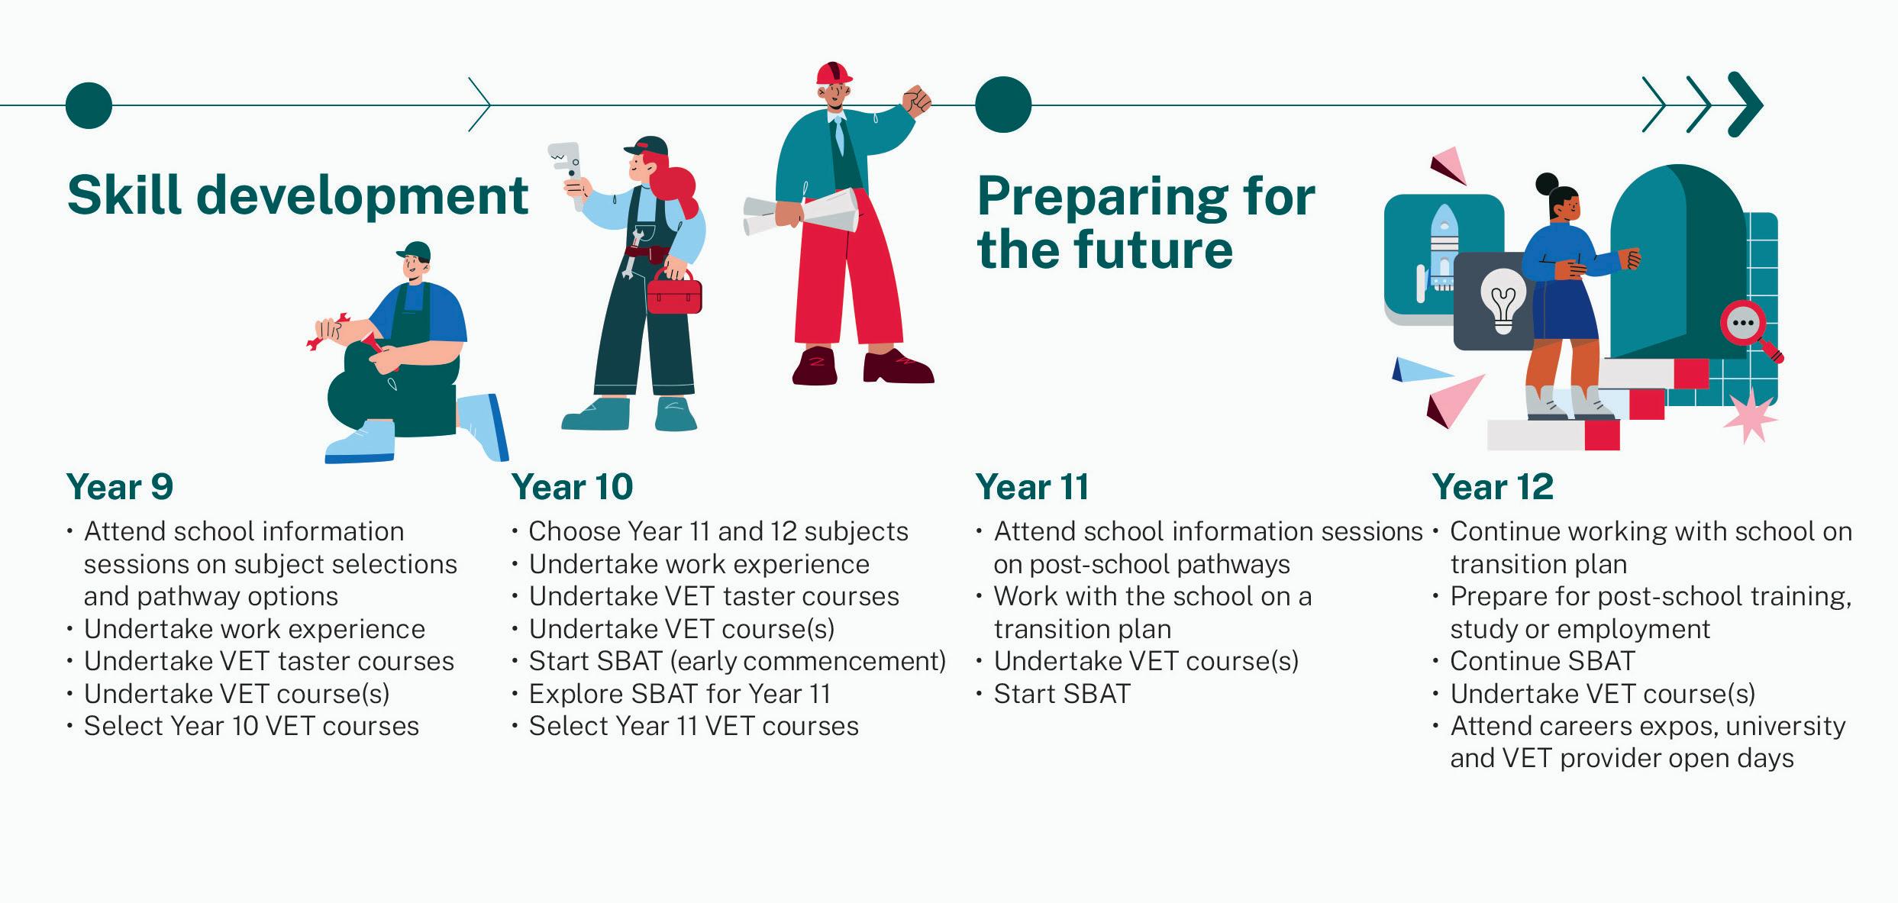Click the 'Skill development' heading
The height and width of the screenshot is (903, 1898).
tap(298, 197)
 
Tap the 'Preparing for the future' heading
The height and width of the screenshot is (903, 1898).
tap(1146, 223)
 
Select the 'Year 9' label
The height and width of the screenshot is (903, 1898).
tap(120, 487)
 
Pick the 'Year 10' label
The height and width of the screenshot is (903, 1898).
tap(573, 487)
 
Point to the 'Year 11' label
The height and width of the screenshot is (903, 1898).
tap(1032, 487)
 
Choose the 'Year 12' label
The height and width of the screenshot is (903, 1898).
tap(1493, 487)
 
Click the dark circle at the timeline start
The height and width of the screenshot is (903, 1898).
tap(89, 105)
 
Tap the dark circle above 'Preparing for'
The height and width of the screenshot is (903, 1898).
tap(1003, 105)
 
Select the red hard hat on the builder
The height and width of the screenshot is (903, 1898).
tap(834, 73)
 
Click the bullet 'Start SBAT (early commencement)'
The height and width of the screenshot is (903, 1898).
tap(738, 661)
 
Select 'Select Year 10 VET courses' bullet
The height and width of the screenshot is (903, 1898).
tap(252, 726)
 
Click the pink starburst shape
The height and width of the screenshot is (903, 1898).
tap(1749, 416)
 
